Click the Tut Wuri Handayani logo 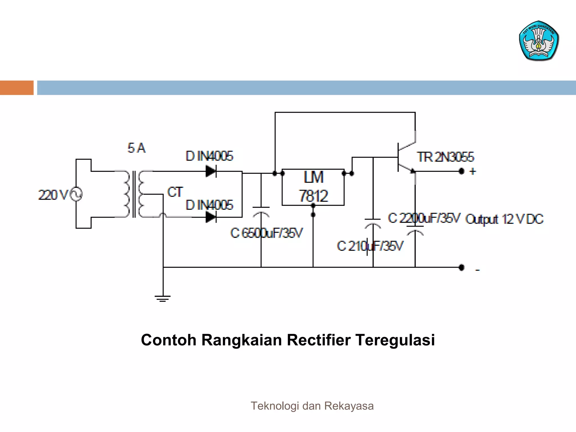click(539, 41)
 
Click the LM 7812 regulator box click(313, 187)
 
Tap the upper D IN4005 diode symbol click(211, 171)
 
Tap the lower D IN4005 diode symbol click(211, 217)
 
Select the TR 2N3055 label click(445, 157)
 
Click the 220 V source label click(53, 195)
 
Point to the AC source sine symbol click(76, 194)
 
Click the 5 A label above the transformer click(136, 148)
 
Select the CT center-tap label click(175, 192)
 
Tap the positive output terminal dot click(461, 171)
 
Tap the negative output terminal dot click(461, 267)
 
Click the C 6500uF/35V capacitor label click(267, 233)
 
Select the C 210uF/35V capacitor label click(370, 246)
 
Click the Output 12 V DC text click(504, 219)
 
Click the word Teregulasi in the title click(395, 340)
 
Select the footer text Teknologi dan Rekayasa click(312, 406)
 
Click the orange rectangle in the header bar click(17, 88)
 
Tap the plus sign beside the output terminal click(473, 171)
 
